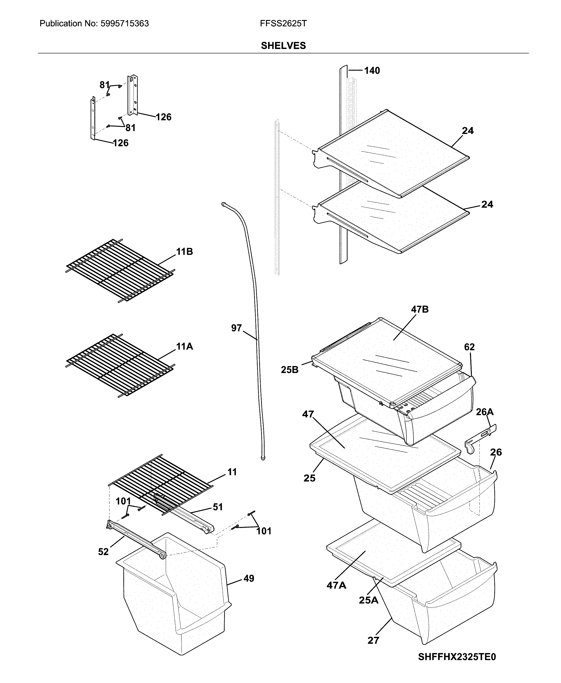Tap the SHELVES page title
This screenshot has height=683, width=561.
click(283, 46)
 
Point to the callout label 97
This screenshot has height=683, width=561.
click(236, 328)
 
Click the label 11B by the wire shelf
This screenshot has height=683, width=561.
click(184, 252)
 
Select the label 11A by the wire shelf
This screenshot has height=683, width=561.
click(184, 347)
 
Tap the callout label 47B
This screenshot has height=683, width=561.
click(420, 309)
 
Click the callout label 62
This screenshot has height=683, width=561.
click(469, 347)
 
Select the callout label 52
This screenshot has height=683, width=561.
click(103, 552)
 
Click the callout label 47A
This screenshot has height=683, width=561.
click(336, 585)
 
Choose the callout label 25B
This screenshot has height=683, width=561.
click(289, 370)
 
